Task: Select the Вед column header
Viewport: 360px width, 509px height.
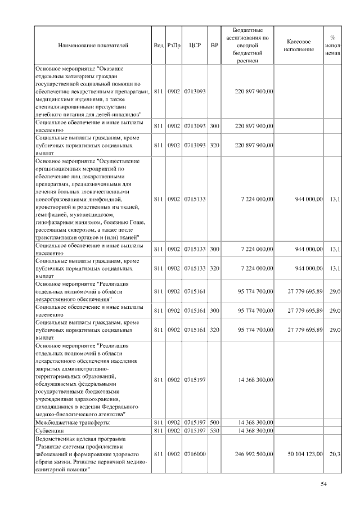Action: pyautogui.click(x=159, y=44)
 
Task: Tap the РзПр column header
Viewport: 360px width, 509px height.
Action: pyautogui.click(x=174, y=44)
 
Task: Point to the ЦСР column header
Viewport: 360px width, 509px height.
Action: pyautogui.click(x=195, y=44)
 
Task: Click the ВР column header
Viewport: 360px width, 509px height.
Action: pyautogui.click(x=214, y=44)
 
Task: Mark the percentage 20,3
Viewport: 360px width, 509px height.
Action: pyautogui.click(x=336, y=453)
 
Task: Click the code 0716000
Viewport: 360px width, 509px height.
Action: pyautogui.click(x=195, y=453)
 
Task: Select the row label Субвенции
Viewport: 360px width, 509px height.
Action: pyautogui.click(x=51, y=430)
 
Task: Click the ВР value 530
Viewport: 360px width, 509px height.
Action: pyautogui.click(x=214, y=430)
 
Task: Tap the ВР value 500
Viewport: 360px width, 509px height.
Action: pyautogui.click(x=214, y=421)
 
